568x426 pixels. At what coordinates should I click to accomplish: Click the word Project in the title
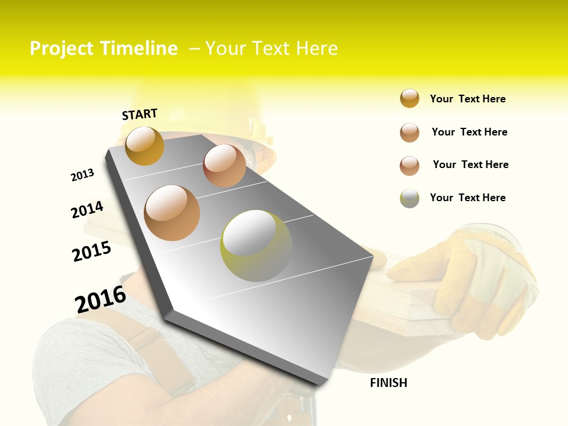coord(61,49)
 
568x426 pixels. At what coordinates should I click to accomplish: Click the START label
coord(140,114)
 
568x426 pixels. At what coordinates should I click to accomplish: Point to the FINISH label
coord(389,383)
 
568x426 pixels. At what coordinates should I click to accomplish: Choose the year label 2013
coord(82,175)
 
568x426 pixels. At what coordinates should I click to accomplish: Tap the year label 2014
coord(87,209)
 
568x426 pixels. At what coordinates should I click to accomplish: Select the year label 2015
coord(92,251)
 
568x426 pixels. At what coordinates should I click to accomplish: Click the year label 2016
coord(101,299)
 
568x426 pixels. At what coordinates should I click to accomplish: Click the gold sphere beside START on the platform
coord(144,146)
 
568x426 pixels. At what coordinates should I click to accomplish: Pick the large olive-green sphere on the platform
coord(256,246)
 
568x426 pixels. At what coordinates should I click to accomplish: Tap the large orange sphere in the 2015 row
coord(172,213)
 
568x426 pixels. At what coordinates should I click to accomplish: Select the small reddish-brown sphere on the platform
coord(224,166)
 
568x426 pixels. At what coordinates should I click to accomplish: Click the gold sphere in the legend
coord(409,98)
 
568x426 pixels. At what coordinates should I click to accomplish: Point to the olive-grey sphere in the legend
coord(409,198)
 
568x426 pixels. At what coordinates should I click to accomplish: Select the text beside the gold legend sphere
coord(467,99)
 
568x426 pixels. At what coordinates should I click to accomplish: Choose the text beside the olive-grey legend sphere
coord(467,198)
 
